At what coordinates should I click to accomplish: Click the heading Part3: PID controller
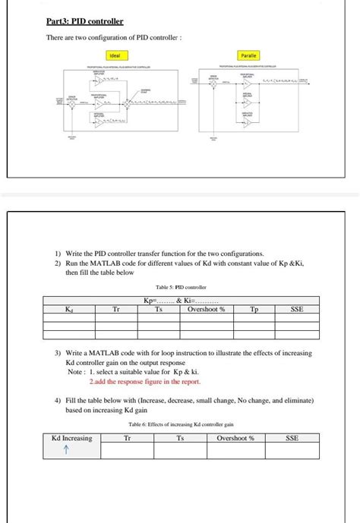(84, 22)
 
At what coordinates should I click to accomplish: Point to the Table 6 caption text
(181, 424)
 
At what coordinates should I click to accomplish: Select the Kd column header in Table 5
(69, 310)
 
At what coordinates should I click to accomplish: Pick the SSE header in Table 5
(297, 310)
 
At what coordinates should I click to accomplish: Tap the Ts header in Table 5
(159, 310)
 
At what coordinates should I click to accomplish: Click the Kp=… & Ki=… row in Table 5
(181, 301)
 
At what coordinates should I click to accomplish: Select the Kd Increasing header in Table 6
(71, 438)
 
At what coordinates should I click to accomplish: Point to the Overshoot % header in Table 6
(235, 438)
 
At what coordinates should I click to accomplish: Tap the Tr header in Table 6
(126, 438)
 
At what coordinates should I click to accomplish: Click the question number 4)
(58, 399)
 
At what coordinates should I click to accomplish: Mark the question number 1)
(58, 253)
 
